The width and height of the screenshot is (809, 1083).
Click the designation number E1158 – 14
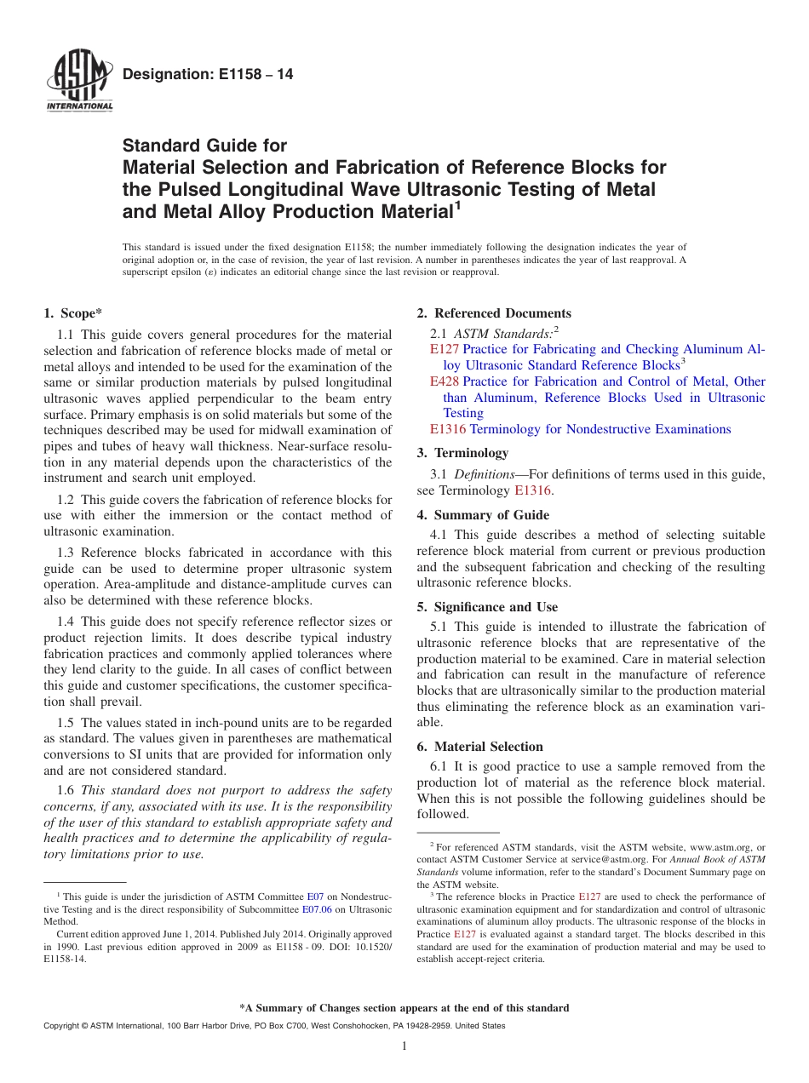(208, 75)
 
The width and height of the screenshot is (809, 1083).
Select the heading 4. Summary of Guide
(483, 515)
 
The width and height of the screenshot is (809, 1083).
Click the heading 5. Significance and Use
(487, 607)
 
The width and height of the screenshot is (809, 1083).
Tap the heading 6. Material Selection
(479, 747)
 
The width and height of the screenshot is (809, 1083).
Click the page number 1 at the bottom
(404, 1046)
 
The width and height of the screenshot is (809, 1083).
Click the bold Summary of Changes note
(404, 1008)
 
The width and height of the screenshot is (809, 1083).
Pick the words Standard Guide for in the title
(205, 146)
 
